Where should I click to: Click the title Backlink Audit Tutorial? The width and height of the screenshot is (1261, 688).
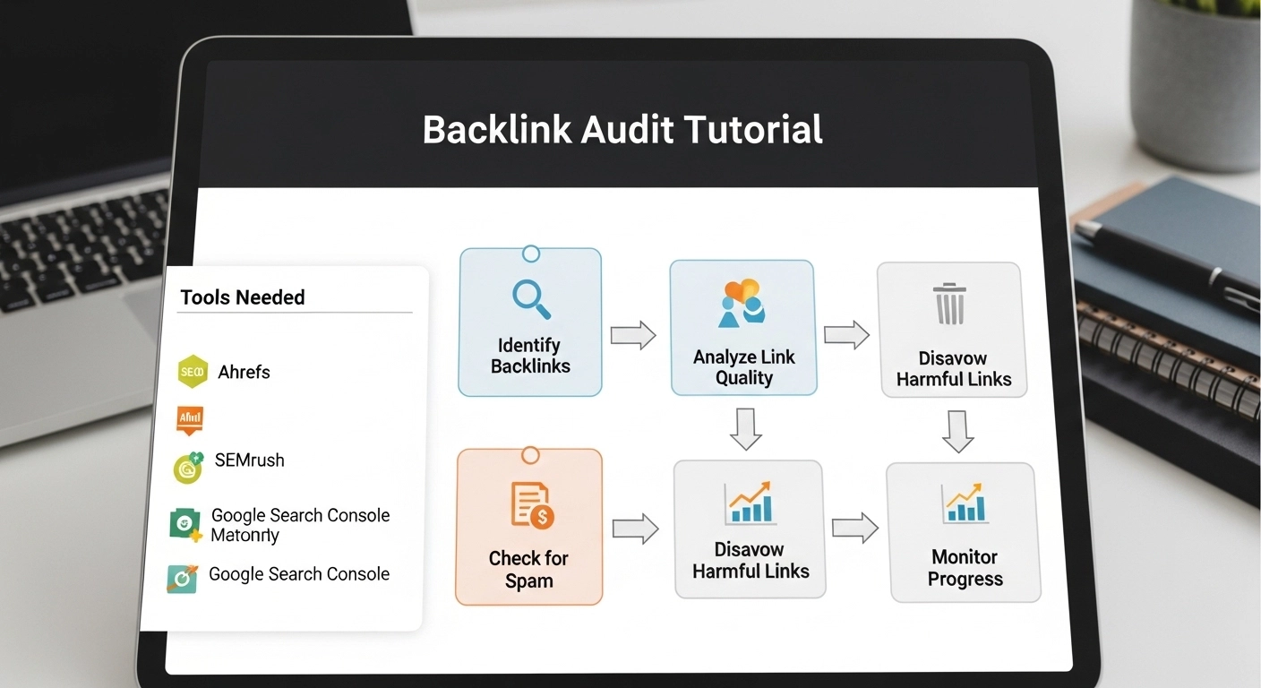click(622, 131)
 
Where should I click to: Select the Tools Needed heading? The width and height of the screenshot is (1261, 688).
click(243, 297)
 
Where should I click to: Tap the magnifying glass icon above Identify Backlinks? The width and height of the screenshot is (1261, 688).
click(530, 299)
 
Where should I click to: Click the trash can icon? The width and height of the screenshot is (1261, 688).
click(949, 304)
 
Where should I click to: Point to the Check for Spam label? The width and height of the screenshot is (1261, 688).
click(528, 570)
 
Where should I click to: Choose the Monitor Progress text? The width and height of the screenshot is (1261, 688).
click(965, 568)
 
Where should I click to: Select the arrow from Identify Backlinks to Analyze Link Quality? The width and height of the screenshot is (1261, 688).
click(633, 336)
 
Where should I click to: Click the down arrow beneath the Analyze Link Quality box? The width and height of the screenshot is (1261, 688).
click(745, 427)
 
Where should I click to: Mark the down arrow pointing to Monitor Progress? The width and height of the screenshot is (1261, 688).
click(957, 431)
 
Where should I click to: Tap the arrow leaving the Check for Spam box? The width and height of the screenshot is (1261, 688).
click(635, 529)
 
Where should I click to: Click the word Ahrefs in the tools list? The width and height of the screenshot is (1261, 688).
click(244, 372)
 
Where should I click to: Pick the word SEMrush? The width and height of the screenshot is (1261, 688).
click(249, 460)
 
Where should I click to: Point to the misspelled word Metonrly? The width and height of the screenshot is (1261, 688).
click(244, 536)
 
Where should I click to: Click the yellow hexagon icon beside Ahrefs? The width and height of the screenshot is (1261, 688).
click(193, 371)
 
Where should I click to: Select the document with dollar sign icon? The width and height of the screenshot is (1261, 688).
click(531, 503)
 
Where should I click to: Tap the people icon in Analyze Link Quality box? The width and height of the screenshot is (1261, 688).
click(742, 303)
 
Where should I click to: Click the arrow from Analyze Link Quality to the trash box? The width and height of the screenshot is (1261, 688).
click(846, 335)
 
